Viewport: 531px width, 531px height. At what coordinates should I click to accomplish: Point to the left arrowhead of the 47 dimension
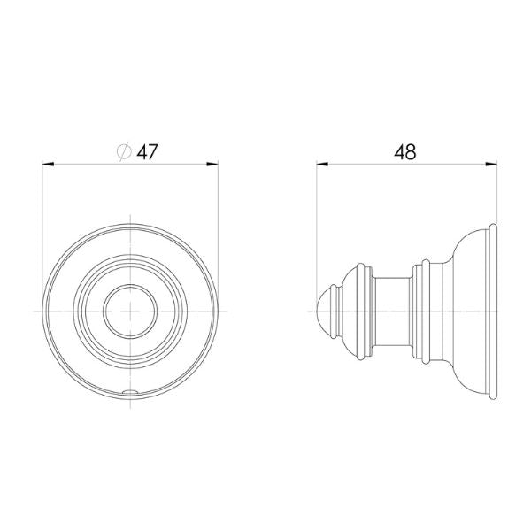(x=49, y=163)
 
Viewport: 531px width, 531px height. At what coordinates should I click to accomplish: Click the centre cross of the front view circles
(x=130, y=311)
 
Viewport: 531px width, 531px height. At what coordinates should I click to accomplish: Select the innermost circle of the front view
(x=130, y=289)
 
